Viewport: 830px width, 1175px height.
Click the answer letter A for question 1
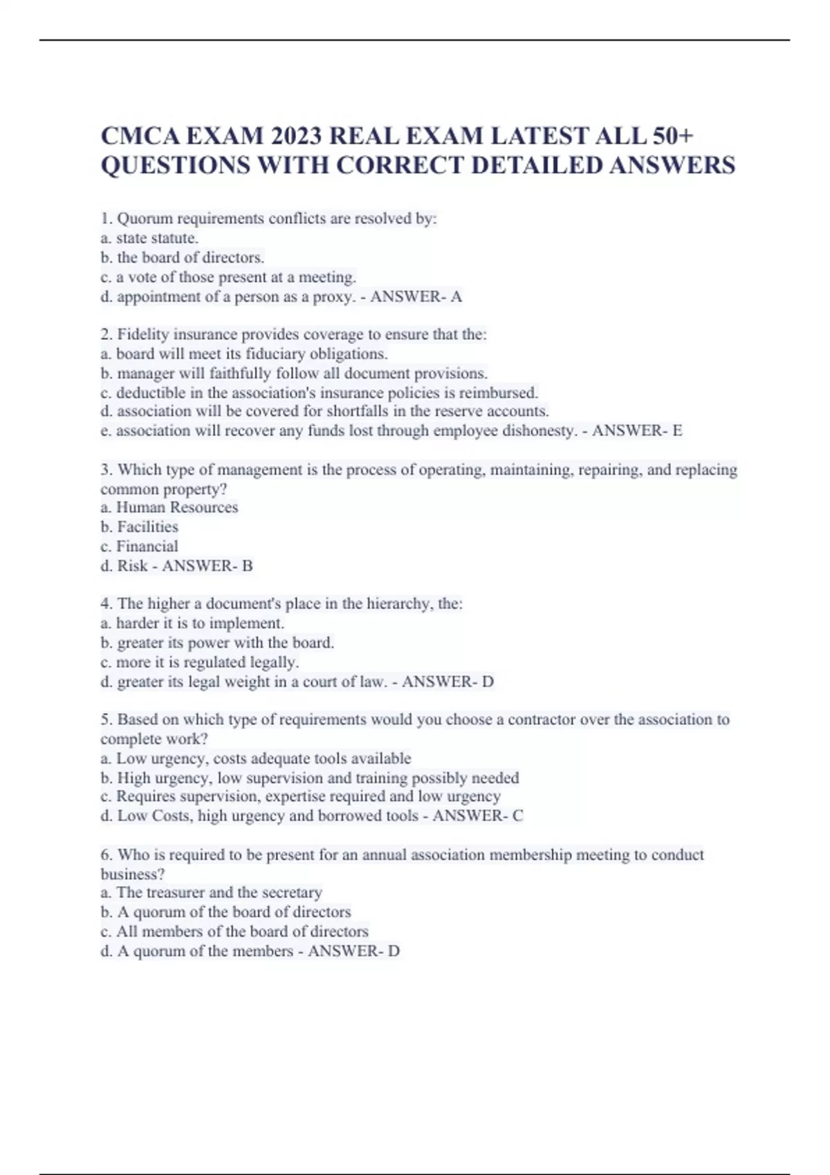(456, 297)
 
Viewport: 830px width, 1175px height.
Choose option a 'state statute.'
(149, 238)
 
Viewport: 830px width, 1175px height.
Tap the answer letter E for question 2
(677, 431)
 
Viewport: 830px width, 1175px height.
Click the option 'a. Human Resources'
(169, 507)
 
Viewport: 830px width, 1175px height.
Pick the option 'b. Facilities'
(140, 527)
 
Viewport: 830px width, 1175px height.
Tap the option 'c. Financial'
(140, 546)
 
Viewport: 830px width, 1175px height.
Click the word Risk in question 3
(132, 566)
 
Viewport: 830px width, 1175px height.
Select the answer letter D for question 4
(488, 682)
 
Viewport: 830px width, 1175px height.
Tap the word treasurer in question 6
(173, 892)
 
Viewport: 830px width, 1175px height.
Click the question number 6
(106, 855)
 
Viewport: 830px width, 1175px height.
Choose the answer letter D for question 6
(394, 951)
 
